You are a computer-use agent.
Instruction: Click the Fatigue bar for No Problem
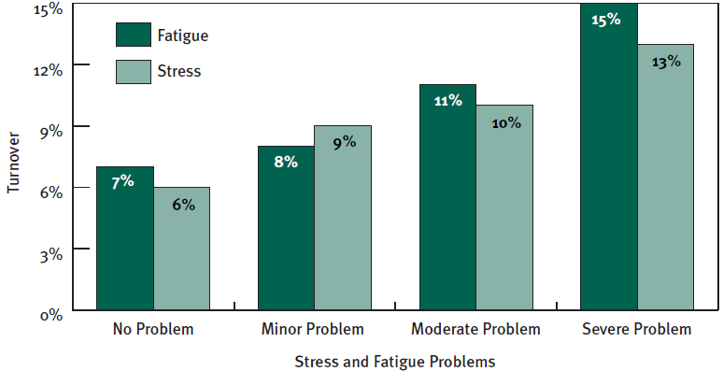tap(125, 238)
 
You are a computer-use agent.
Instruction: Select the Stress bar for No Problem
tap(182, 248)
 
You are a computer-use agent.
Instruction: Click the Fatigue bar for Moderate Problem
tap(447, 197)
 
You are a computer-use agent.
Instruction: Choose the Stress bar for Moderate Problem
tap(504, 207)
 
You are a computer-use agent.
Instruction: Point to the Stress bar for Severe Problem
tap(665, 177)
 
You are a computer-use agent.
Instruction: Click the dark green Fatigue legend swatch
tap(134, 35)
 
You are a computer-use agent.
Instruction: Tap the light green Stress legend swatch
tap(134, 70)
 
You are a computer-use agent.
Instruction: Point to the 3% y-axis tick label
tap(51, 252)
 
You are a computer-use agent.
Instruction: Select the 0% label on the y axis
tap(51, 315)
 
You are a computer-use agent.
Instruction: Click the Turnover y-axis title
tap(13, 167)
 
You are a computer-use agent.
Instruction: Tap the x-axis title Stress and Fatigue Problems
tap(394, 359)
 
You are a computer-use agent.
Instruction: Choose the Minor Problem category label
tap(314, 329)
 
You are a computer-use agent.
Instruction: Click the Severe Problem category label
tap(636, 329)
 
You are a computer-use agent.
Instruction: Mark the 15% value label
tap(606, 19)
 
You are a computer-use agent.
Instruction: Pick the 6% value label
tap(183, 204)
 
